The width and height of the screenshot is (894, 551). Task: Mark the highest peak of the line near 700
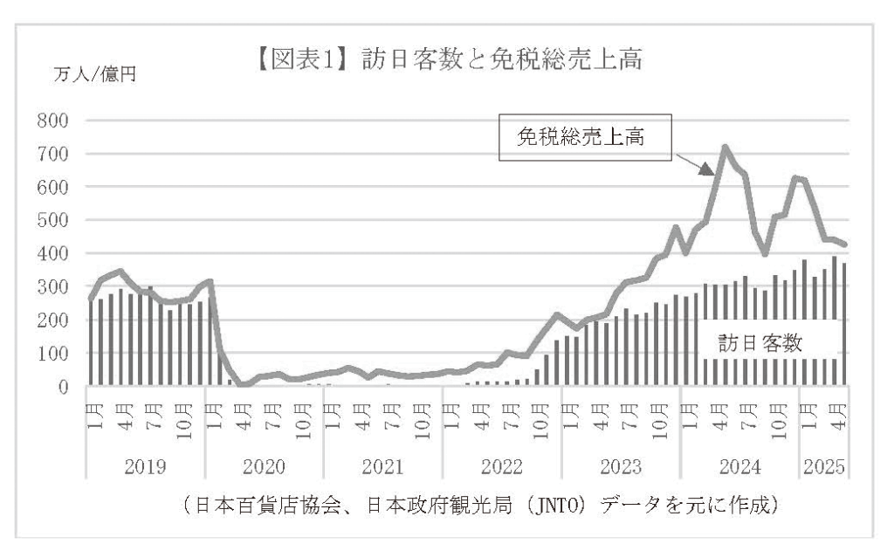click(725, 148)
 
